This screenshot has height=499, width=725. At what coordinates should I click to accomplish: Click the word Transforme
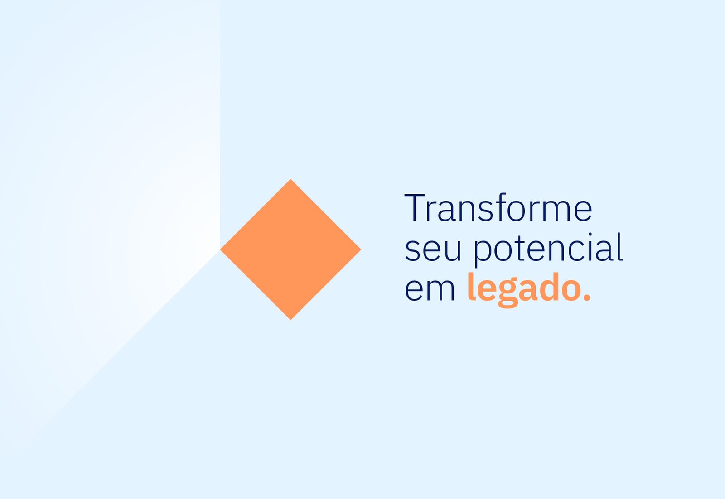[x=498, y=207]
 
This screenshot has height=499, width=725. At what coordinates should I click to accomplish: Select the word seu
[x=433, y=251]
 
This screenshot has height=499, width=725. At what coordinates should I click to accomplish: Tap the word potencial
[x=548, y=249]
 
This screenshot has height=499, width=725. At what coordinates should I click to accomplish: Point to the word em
[x=430, y=290]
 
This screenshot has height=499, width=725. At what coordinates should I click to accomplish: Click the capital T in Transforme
[x=415, y=207]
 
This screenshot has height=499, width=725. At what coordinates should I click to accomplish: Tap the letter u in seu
[x=451, y=251]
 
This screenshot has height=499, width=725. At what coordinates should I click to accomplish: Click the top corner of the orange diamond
[x=290, y=179]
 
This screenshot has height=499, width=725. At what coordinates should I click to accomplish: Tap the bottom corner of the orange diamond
[x=290, y=320]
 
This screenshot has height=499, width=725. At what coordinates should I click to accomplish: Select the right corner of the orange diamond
[x=361, y=249]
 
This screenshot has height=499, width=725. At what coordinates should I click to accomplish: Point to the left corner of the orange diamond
[x=220, y=249]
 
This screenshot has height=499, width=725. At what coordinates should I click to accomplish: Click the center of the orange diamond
[x=290, y=249]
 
